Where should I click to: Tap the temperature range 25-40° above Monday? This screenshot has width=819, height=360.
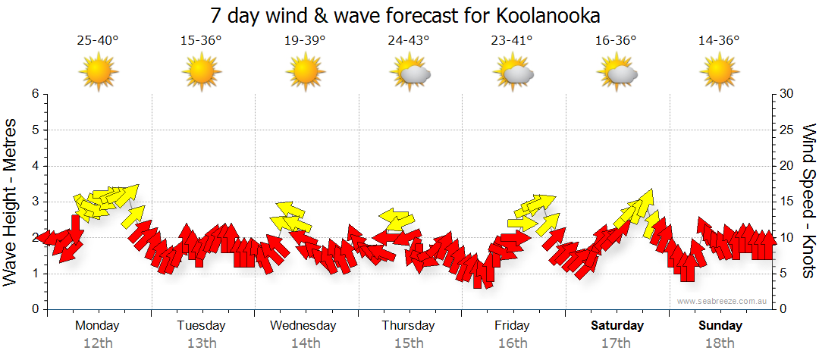(x=98, y=41)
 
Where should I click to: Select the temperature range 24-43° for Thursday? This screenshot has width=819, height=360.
(x=409, y=41)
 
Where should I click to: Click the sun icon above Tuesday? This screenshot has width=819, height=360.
(x=202, y=73)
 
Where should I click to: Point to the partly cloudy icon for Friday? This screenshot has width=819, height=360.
(x=514, y=73)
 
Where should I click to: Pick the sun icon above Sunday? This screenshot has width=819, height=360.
(x=720, y=73)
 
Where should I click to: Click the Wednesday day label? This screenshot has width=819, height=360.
(x=303, y=326)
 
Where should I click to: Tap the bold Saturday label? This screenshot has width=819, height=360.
(x=617, y=326)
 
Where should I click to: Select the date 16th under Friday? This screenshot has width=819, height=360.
(x=513, y=343)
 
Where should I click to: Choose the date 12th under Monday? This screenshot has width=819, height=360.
(x=98, y=343)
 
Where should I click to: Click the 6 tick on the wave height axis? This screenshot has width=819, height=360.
(x=35, y=94)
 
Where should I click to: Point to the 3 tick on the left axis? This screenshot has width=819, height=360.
(x=35, y=202)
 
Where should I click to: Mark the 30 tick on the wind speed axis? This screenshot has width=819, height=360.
(x=787, y=94)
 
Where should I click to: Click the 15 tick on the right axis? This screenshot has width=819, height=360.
(x=787, y=202)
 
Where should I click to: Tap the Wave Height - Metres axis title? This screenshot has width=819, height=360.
(x=12, y=201)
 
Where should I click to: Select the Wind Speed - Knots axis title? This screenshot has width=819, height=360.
(x=808, y=201)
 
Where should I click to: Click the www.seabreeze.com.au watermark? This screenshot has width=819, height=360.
(x=723, y=301)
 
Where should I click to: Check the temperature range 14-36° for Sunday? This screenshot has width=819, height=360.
(x=720, y=41)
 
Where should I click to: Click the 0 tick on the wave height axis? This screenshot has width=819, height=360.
(x=35, y=309)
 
